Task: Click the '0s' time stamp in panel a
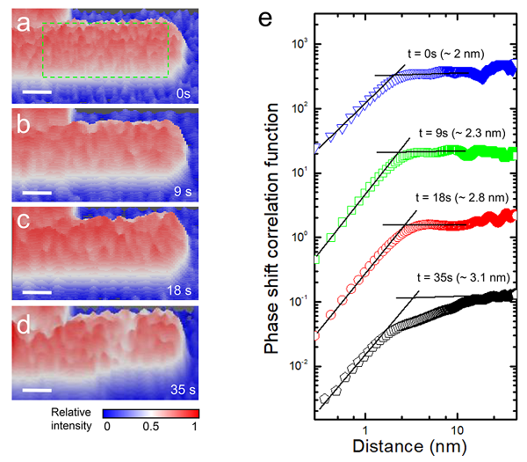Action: point(183,92)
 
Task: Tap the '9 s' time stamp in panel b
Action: point(181,190)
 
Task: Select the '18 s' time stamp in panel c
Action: point(177,288)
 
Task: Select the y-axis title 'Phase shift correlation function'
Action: point(273,226)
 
